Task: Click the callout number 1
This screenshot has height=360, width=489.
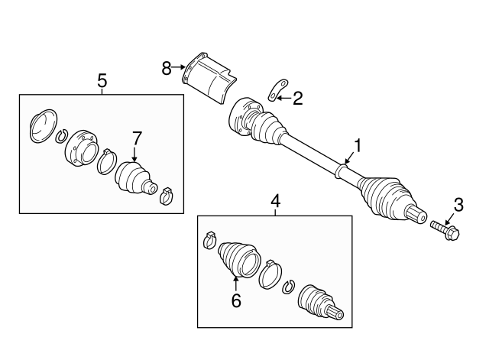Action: [355, 144]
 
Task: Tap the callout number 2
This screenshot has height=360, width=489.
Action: [298, 98]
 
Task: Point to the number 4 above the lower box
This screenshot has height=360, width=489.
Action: [276, 202]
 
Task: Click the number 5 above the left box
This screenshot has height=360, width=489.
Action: [102, 79]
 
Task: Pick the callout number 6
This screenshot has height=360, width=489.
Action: [236, 301]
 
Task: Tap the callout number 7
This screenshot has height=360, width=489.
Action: [137, 138]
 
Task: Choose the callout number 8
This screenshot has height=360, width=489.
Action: [167, 68]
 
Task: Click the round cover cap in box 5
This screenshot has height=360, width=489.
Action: [43, 125]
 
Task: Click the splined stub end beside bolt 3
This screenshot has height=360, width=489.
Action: [416, 215]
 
